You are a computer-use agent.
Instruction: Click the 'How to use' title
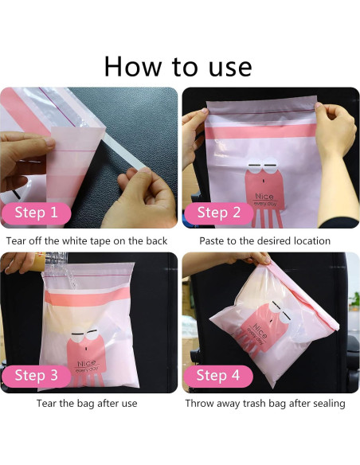[x=179, y=64]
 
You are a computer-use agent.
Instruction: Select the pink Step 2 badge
[x=217, y=213]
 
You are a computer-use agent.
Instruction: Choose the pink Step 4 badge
[x=217, y=375]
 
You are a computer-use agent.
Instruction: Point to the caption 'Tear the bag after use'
[x=88, y=403]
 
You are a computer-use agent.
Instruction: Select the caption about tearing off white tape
[x=88, y=240]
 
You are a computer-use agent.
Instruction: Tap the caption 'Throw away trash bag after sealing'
[x=265, y=403]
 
